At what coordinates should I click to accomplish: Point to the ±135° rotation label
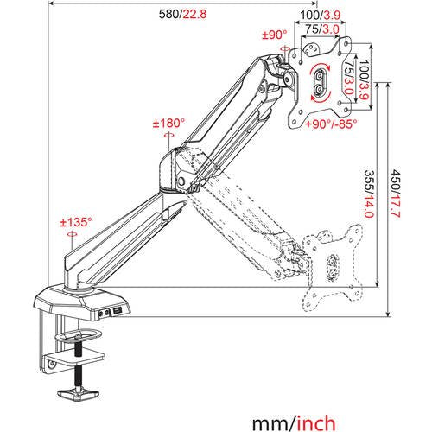click(73, 222)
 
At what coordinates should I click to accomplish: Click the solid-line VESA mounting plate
click(322, 76)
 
